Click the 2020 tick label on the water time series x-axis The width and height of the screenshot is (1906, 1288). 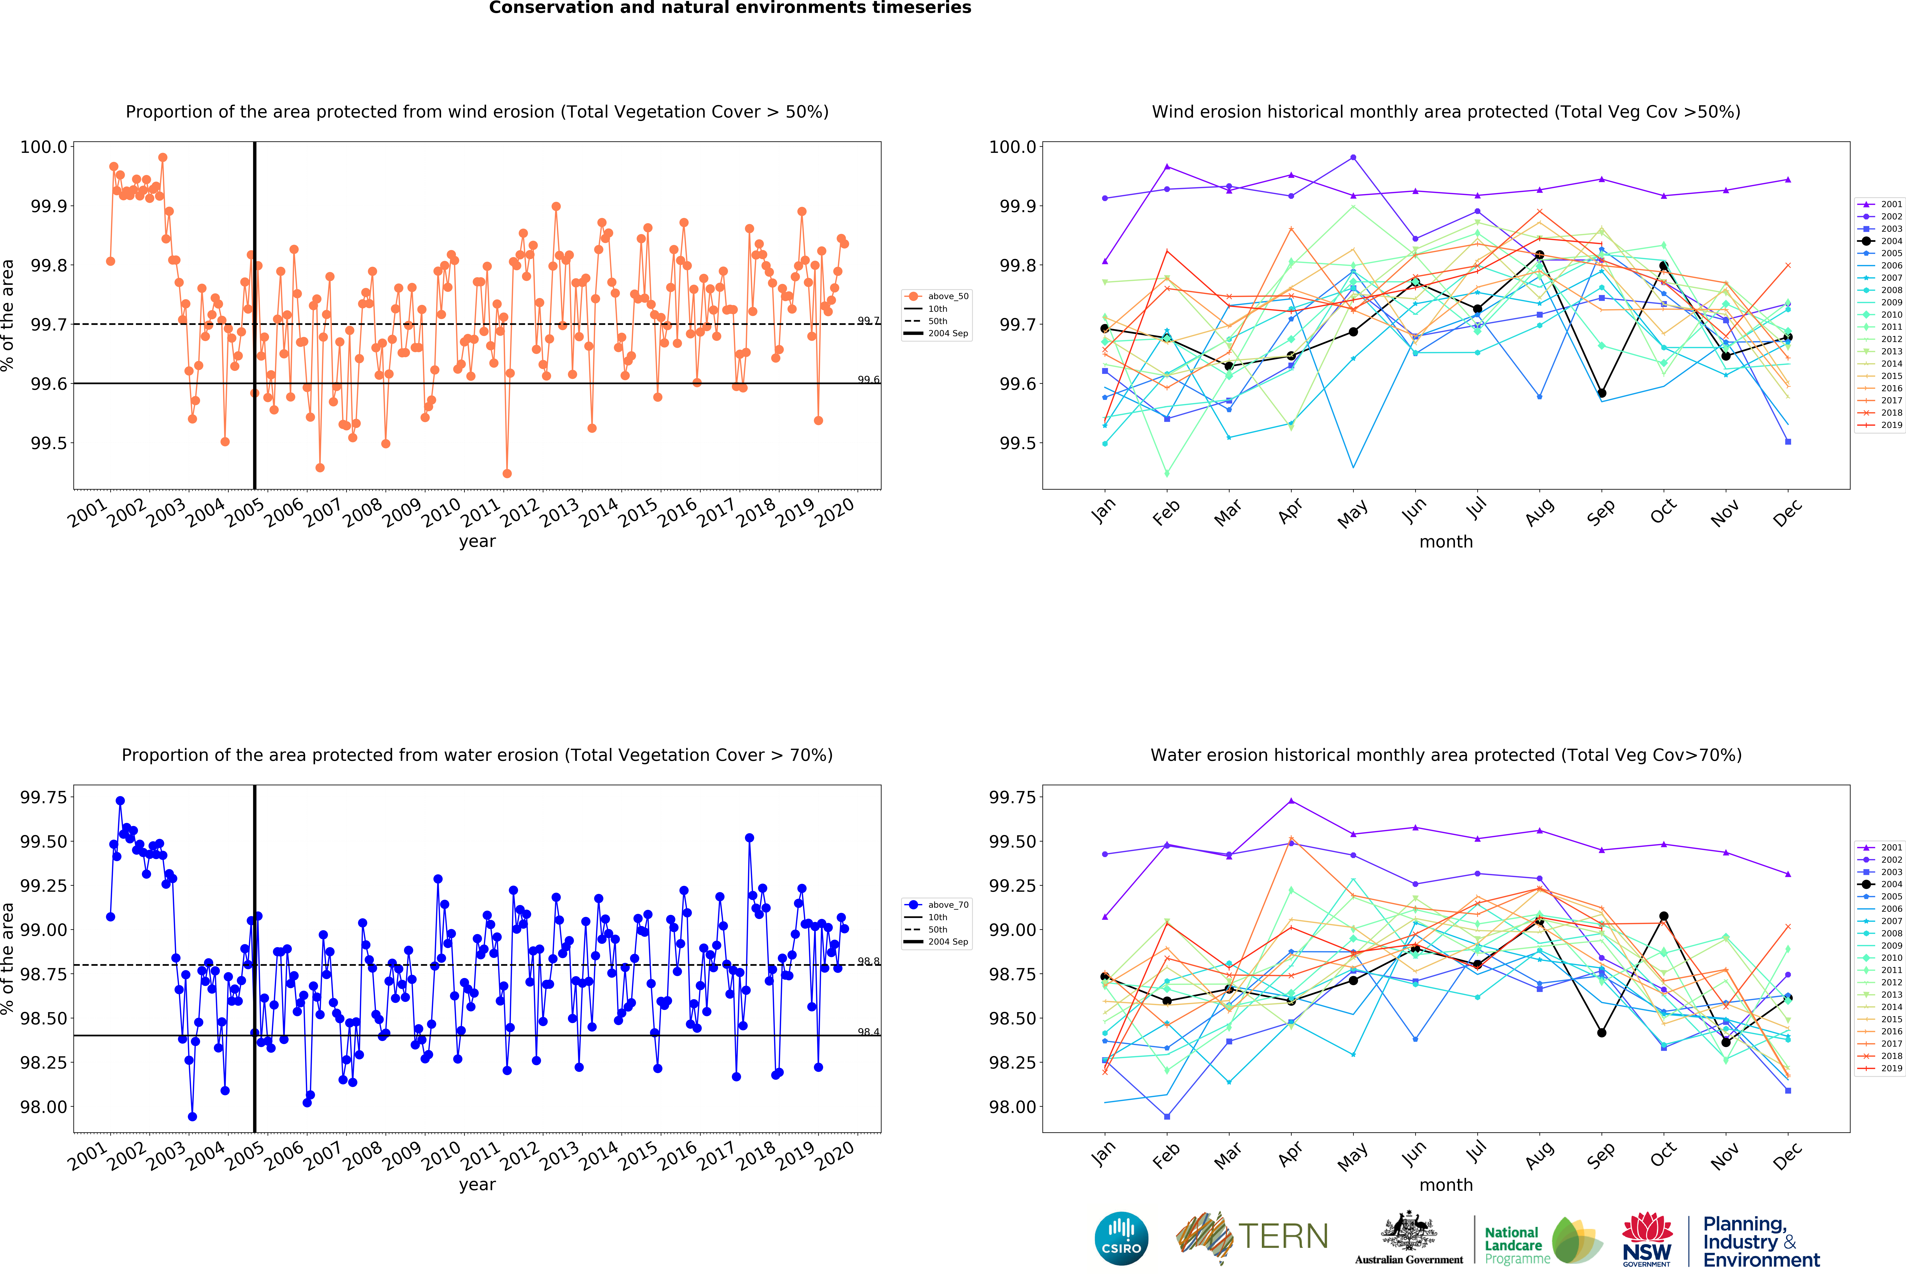(834, 1156)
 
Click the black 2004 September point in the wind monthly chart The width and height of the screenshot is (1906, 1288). (1602, 393)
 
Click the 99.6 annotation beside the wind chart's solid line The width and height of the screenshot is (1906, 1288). (868, 380)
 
